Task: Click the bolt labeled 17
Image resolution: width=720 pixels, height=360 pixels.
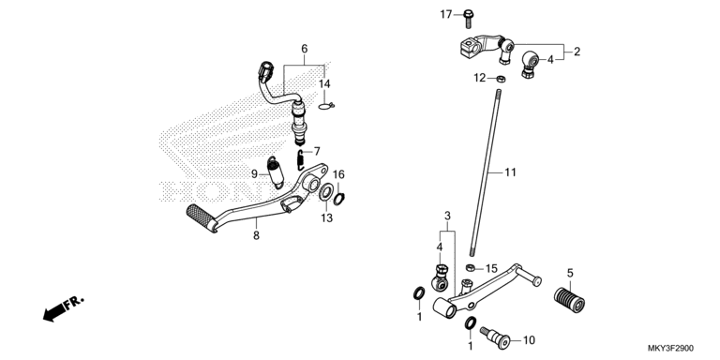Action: click(x=469, y=19)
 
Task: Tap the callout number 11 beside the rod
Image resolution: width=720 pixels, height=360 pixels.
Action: click(x=511, y=172)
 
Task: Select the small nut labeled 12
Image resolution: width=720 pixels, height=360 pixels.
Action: click(x=502, y=79)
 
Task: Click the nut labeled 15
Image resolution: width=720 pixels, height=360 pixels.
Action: click(x=471, y=268)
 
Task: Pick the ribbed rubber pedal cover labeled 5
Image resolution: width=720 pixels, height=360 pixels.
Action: click(x=569, y=299)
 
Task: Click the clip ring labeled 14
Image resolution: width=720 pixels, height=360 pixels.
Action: click(x=326, y=107)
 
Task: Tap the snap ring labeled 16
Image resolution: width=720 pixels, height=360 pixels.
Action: click(x=337, y=199)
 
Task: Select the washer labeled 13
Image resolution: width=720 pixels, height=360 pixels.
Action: click(x=326, y=192)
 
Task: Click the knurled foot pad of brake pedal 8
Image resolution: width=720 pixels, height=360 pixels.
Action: click(x=202, y=218)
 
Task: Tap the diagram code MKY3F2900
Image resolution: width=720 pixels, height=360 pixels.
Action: click(x=670, y=349)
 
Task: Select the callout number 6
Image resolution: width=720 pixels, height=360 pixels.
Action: click(x=305, y=49)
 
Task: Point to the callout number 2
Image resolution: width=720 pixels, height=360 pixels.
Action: click(x=577, y=52)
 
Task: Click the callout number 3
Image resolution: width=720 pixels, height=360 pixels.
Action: click(x=448, y=216)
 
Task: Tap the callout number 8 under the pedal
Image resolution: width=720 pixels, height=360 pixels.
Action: click(x=256, y=235)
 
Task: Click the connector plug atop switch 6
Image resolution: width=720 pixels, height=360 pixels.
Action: click(x=266, y=70)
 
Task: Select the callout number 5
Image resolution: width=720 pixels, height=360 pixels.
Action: click(x=570, y=273)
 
